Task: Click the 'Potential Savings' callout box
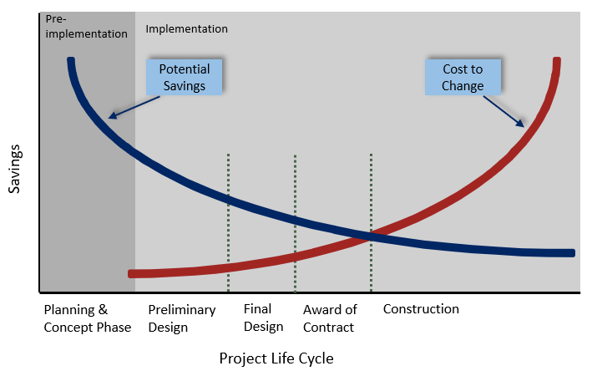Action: [184, 77]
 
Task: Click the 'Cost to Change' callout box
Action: [463, 77]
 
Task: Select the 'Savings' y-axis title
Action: [15, 169]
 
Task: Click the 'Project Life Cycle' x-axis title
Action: [276, 358]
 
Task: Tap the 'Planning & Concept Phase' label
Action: [88, 318]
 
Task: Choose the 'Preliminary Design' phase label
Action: [182, 318]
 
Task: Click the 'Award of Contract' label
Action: [330, 318]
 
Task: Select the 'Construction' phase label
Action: [421, 309]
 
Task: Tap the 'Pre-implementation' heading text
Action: [87, 27]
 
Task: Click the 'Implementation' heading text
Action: [186, 28]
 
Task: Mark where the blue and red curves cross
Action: [367, 236]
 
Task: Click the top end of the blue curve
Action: [71, 61]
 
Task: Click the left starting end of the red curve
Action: [132, 273]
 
